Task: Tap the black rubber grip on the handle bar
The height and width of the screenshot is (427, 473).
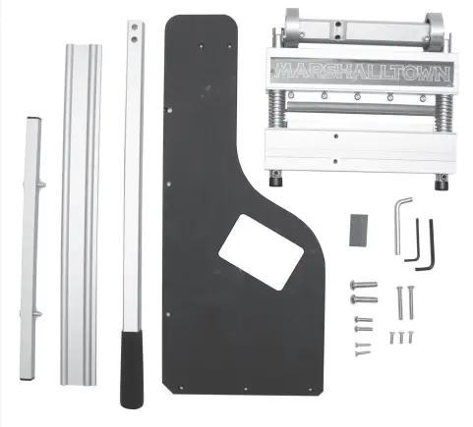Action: coord(131,368)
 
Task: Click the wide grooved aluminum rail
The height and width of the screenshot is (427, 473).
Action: coord(80,216)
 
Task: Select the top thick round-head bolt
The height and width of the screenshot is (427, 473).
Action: coord(362,286)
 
